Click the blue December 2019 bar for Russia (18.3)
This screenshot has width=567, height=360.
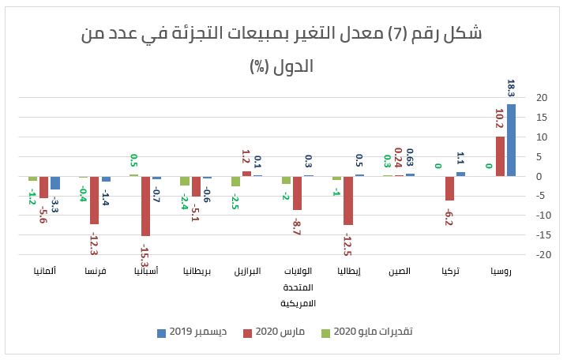[511, 140]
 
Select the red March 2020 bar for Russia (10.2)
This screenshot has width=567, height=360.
[500, 156]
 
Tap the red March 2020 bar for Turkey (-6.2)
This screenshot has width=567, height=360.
[449, 188]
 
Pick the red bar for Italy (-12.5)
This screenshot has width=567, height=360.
[348, 201]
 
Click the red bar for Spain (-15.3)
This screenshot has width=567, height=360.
[145, 206]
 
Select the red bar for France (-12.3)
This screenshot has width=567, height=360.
[95, 200]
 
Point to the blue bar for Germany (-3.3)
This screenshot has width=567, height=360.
[55, 182]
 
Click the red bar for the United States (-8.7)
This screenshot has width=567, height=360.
[297, 193]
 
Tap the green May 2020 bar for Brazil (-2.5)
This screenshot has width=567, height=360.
[235, 181]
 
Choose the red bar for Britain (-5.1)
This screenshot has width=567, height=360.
[196, 186]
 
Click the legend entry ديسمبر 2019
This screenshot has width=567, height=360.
[193, 332]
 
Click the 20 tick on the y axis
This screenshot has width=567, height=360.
[541, 98]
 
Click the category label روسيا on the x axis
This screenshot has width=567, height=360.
[500, 272]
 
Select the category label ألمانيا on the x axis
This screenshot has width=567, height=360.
[44, 272]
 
